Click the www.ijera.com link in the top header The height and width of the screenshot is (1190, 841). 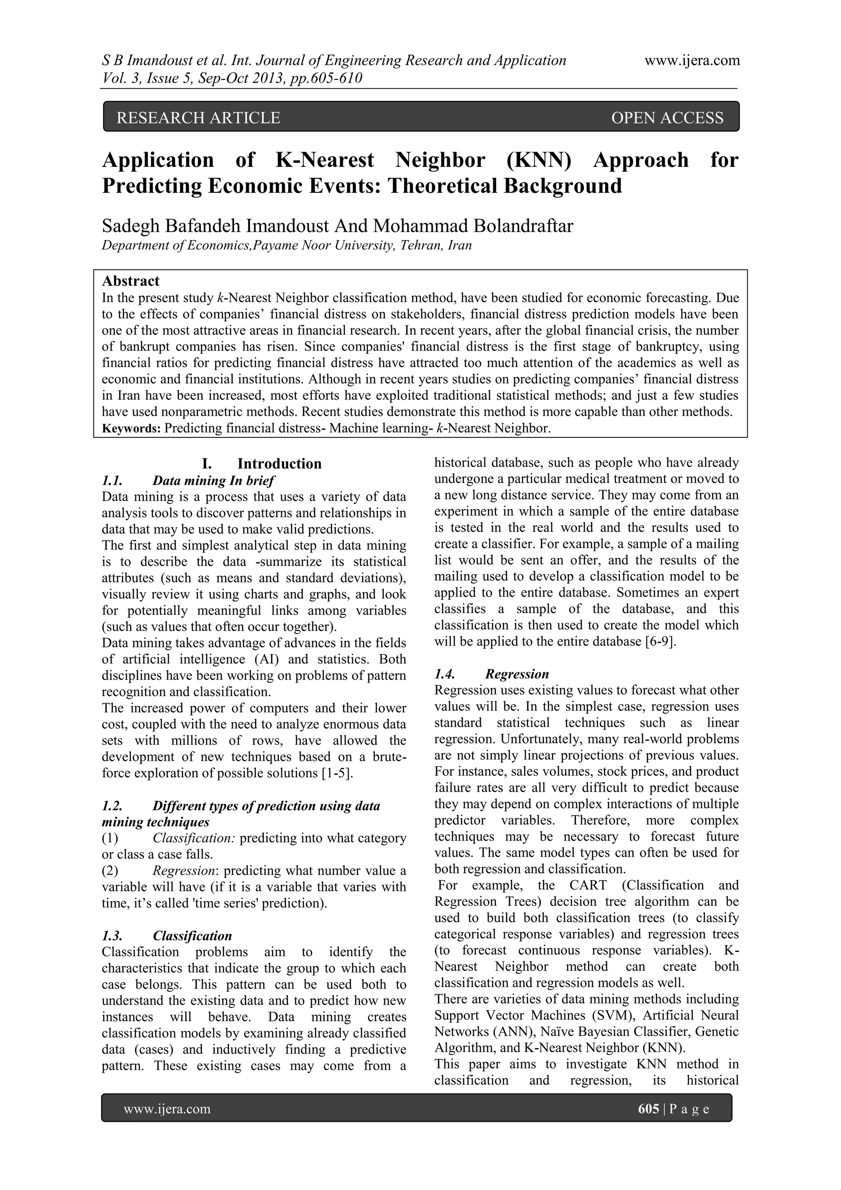(x=692, y=61)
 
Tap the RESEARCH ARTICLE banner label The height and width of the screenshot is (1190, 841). (x=198, y=118)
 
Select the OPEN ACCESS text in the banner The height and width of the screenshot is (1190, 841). (x=667, y=118)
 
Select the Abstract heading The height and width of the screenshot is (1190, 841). (x=131, y=281)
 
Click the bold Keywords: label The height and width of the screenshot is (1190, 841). (x=131, y=429)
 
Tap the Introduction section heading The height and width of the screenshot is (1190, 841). (x=279, y=463)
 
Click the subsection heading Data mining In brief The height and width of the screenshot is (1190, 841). (x=214, y=480)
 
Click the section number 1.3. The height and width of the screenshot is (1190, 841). (x=112, y=936)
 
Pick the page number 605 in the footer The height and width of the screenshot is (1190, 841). (x=648, y=1109)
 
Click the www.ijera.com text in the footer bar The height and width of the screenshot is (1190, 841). (x=167, y=1109)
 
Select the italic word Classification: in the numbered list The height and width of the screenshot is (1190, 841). (x=194, y=838)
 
